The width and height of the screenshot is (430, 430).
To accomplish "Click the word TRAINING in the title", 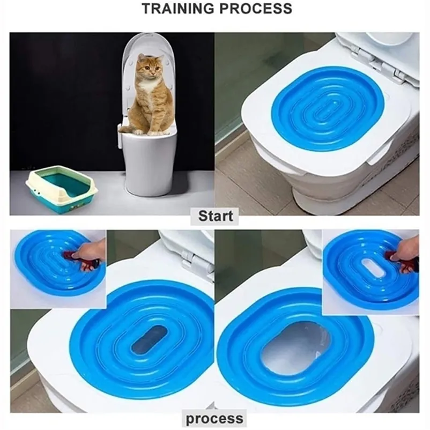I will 183,9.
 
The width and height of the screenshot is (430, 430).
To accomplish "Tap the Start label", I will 216,216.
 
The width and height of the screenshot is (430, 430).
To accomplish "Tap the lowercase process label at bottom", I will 214,418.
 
